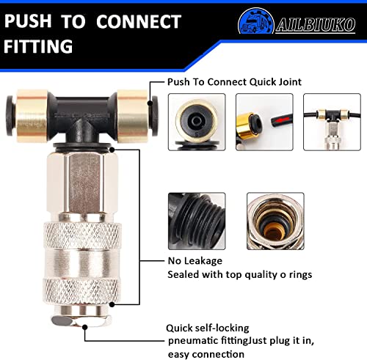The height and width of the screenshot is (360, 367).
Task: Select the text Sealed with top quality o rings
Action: point(240,274)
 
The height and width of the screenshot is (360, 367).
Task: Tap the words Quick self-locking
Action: point(207,307)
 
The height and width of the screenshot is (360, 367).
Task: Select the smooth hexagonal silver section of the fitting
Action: point(83,183)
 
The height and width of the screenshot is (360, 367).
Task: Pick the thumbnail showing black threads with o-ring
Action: point(197,218)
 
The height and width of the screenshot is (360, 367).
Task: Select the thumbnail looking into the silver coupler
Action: point(274,218)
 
